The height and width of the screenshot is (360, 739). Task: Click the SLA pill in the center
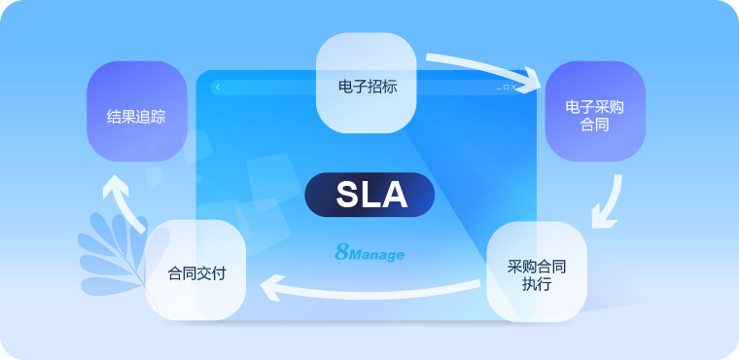pyautogui.click(x=369, y=195)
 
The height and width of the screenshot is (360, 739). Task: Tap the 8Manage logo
pyautogui.click(x=369, y=253)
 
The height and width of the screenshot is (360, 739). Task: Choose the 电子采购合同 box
pyautogui.click(x=594, y=113)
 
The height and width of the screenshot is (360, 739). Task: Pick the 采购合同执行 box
pyautogui.click(x=537, y=273)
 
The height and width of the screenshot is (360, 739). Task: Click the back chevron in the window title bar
pyautogui.click(x=218, y=88)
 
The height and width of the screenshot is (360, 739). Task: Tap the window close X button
pyautogui.click(x=514, y=88)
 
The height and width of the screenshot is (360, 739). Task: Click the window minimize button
pyautogui.click(x=498, y=89)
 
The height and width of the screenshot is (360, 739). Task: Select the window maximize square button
pyautogui.click(x=506, y=88)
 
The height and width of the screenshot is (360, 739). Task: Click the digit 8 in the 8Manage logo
pyautogui.click(x=340, y=252)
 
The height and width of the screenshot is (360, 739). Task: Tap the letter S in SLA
pyautogui.click(x=348, y=195)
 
